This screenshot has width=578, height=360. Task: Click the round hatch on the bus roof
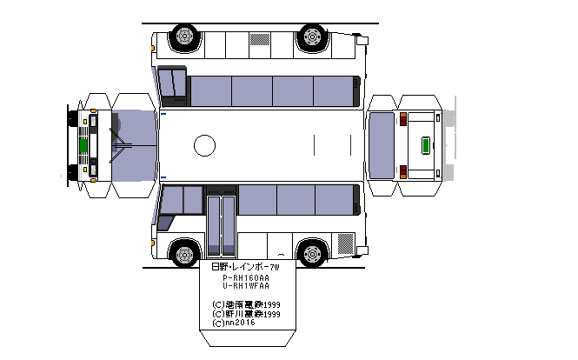pyautogui.click(x=203, y=145)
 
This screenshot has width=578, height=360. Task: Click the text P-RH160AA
pyautogui.click(x=246, y=277)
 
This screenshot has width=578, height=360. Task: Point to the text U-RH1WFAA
pyautogui.click(x=246, y=286)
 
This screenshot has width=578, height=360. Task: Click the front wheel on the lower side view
pyautogui.click(x=183, y=254)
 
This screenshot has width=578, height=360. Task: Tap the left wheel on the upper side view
pyautogui.click(x=183, y=37)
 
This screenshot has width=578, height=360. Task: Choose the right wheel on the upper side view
pyautogui.click(x=310, y=37)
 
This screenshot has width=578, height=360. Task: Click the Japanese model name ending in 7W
pyautogui.click(x=246, y=266)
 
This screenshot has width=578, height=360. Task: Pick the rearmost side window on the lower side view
pyautogui.click(x=336, y=199)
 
